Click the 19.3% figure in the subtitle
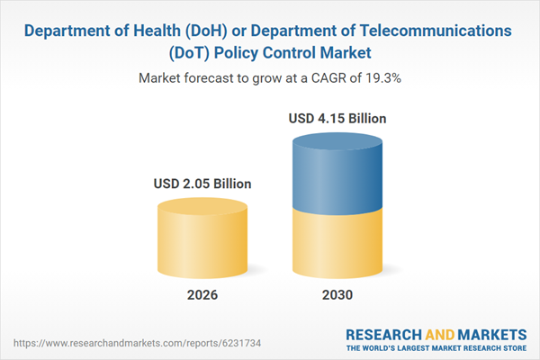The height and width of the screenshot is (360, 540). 385,78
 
